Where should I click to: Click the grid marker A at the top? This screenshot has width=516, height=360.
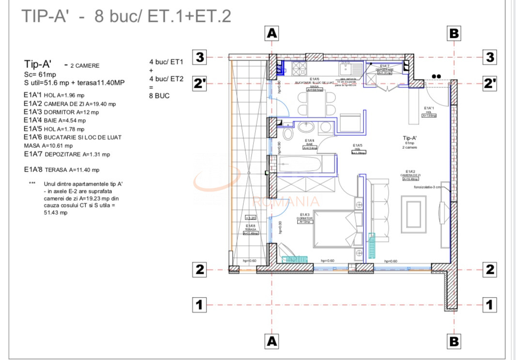[272, 33]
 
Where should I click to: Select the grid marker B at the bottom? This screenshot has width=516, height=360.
[454, 341]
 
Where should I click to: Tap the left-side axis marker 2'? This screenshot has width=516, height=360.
[200, 83]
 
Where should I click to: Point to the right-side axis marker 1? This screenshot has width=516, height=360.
[490, 305]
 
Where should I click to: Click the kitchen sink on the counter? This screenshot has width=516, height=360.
[348, 69]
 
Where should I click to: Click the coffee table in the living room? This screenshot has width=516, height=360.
[413, 212]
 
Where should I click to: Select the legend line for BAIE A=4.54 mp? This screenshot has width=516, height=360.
[55, 120]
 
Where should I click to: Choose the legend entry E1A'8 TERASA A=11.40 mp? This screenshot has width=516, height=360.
[62, 170]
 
